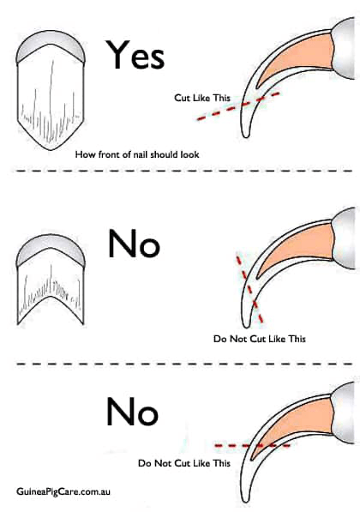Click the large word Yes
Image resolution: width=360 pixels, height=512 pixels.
point(135,55)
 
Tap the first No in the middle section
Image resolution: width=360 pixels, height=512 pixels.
point(134,244)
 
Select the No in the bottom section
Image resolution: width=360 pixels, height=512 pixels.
point(132,411)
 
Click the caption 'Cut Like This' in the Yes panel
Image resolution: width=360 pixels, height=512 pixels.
point(202,98)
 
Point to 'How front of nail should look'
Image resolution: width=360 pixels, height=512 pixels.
point(137,154)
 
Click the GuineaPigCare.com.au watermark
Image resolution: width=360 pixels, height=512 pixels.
point(63,491)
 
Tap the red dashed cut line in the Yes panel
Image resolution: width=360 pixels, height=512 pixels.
point(238,106)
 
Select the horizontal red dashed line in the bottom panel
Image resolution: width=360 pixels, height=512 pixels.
point(252,445)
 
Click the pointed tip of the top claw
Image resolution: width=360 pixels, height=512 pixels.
point(245,136)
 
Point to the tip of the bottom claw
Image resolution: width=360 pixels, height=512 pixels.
point(245,501)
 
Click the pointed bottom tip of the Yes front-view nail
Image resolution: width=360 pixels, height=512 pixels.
point(51,150)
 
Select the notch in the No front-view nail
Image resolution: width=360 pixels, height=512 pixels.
point(51,297)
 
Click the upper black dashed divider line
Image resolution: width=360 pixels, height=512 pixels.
point(184,171)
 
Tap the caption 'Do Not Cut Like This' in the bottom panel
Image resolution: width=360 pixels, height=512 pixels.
point(184,463)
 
